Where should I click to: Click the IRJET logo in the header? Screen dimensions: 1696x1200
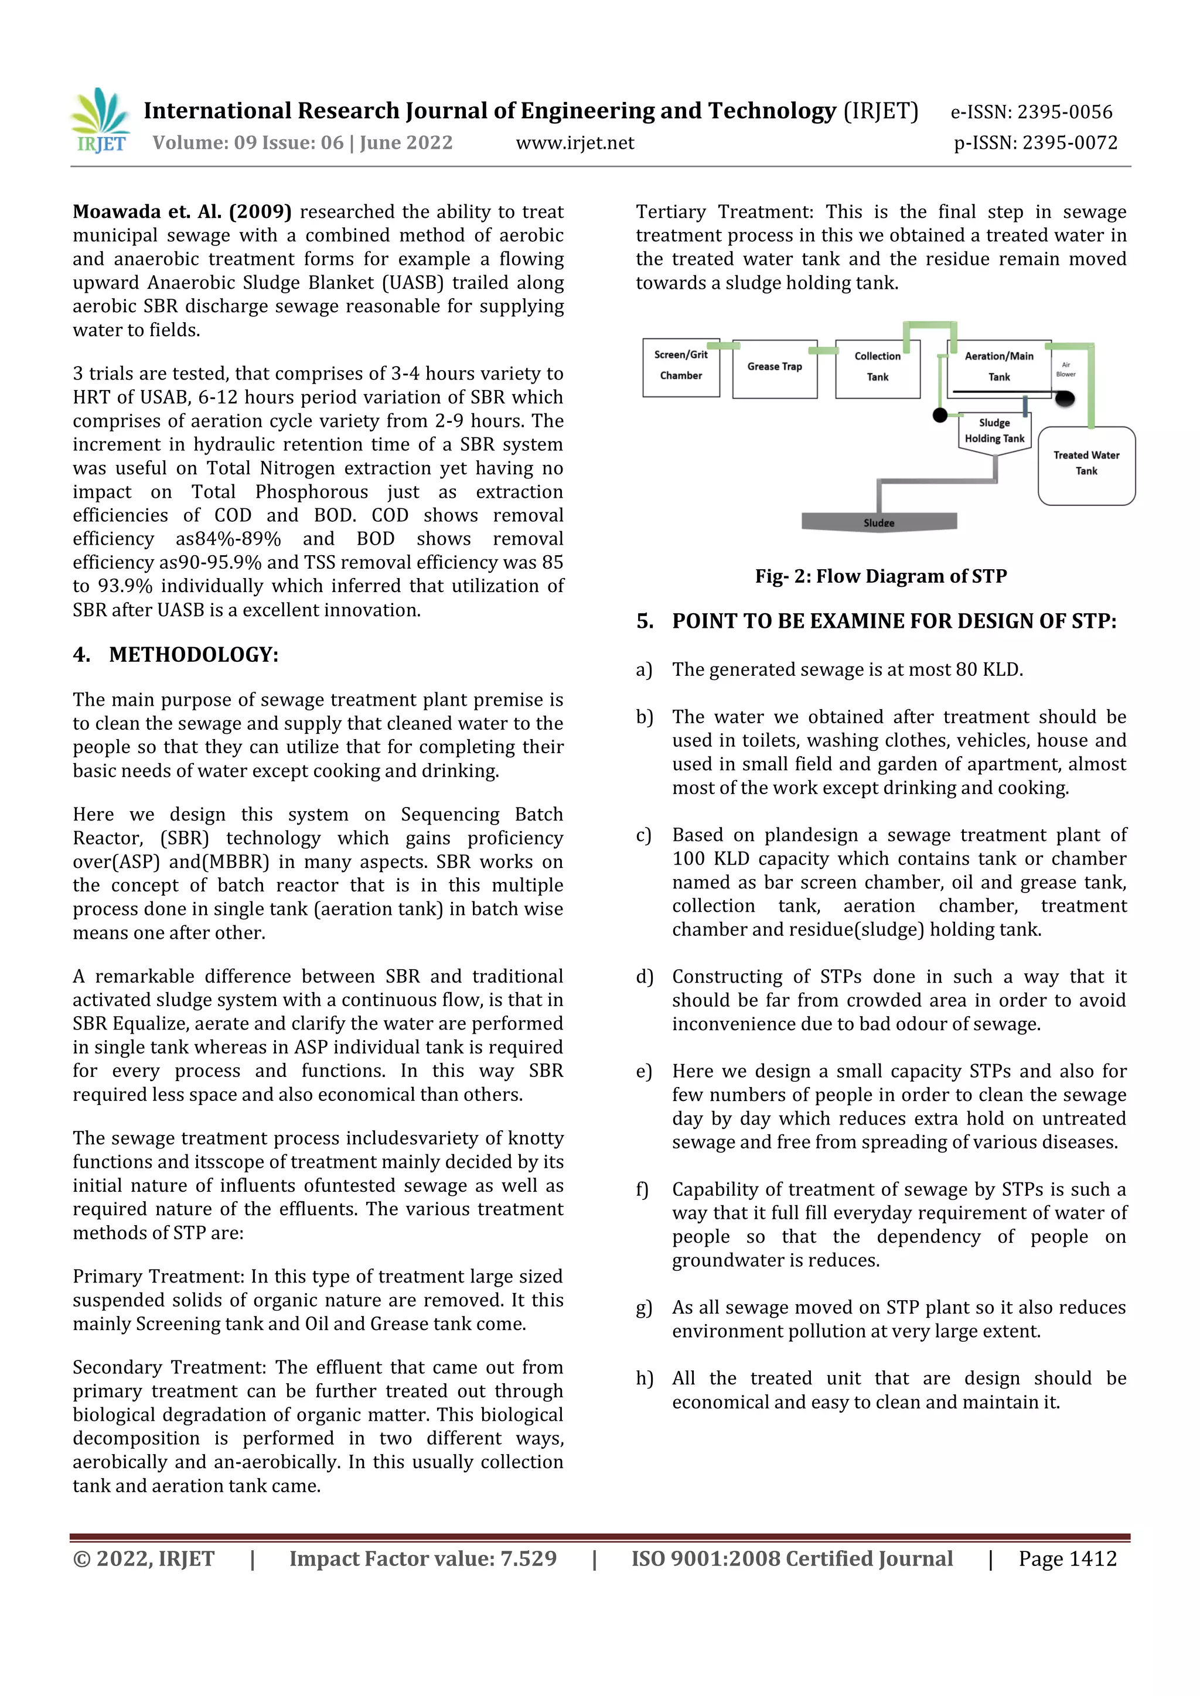[101, 121]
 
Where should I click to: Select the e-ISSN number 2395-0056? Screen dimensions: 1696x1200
[1064, 112]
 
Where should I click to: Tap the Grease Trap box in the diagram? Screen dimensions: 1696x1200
[775, 368]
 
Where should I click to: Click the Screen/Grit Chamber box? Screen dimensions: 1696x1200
[680, 367]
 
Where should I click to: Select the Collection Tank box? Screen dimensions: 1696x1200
[877, 368]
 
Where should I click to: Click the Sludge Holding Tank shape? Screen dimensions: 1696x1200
[994, 432]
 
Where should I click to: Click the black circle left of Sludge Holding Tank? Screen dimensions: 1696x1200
[940, 415]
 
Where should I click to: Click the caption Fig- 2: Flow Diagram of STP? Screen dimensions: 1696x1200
[880, 576]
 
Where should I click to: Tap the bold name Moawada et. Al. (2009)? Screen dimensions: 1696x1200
[182, 212]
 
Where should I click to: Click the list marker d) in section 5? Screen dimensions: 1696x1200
[645, 976]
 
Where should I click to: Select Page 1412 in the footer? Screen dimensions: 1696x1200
[1067, 1558]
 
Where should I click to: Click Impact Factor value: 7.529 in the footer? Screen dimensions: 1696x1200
[422, 1558]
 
